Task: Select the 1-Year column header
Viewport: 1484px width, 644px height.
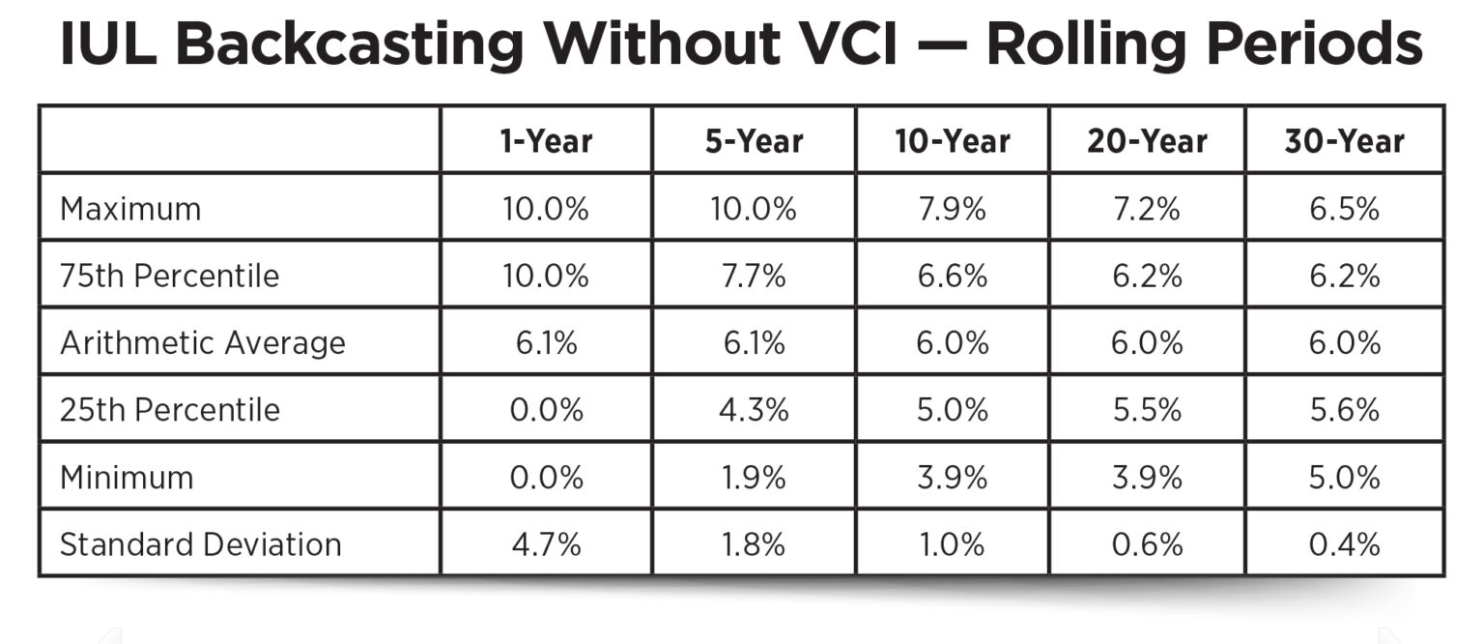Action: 546,141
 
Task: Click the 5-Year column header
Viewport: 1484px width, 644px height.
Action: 754,141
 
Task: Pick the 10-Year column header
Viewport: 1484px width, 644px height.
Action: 952,141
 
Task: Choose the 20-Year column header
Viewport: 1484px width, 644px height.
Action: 1147,141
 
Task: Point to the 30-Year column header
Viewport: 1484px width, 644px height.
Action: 1344,141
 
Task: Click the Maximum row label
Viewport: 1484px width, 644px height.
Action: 130,209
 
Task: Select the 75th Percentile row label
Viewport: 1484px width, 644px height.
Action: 169,276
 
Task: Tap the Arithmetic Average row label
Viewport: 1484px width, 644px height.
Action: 202,343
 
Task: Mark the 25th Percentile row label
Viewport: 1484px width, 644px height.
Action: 169,410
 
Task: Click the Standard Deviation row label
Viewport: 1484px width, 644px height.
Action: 200,544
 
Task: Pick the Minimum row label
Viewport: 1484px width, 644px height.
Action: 127,478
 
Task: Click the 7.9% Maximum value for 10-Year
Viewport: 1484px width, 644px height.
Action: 952,209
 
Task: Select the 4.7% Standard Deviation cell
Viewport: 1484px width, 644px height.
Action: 546,544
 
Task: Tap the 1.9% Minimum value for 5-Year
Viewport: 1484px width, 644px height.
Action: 754,478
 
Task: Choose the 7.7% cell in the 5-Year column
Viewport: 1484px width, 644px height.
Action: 754,276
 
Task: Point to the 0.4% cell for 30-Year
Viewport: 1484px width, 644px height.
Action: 1344,544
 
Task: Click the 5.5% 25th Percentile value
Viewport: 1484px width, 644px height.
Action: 1147,410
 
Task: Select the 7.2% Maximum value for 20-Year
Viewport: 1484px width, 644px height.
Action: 1147,209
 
